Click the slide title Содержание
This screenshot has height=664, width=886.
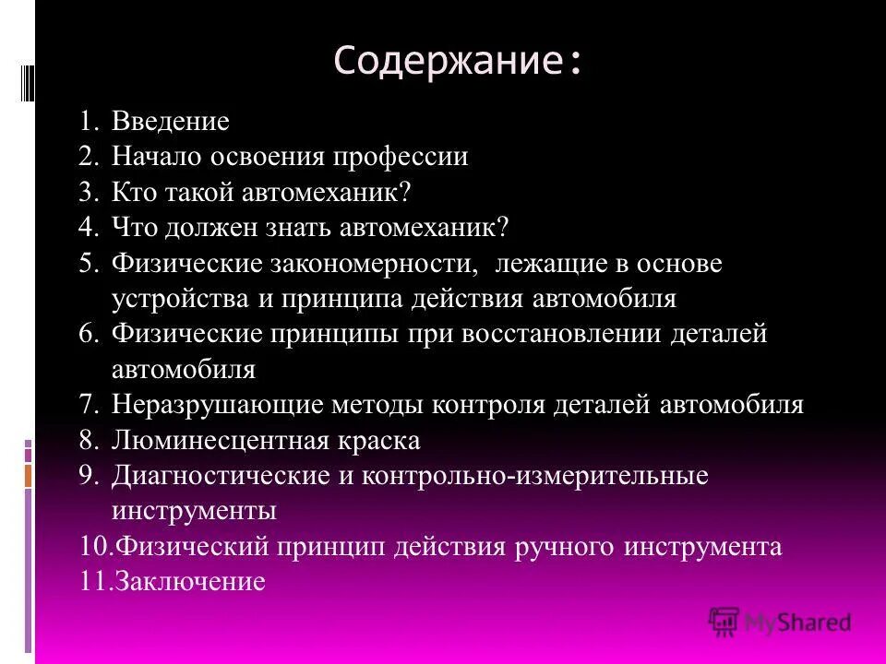(458, 61)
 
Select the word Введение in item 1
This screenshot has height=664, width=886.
(171, 122)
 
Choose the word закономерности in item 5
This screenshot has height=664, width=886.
(372, 265)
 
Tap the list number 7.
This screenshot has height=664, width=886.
(89, 406)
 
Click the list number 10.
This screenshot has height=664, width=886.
(94, 547)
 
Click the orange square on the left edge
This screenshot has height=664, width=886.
(28, 476)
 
